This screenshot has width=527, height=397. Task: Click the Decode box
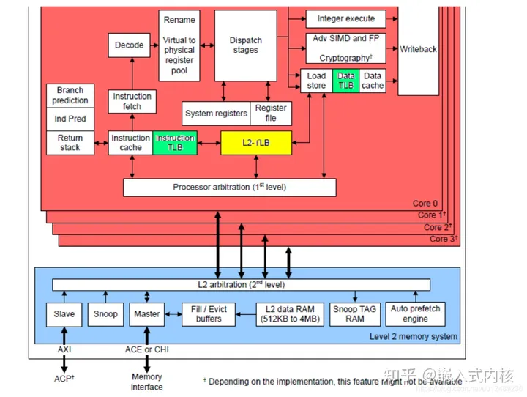point(130,45)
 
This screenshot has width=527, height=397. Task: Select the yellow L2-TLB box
point(256,143)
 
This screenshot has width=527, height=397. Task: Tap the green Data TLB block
point(345,81)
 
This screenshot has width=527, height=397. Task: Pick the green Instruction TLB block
point(175,143)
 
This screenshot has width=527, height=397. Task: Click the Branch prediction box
point(70,95)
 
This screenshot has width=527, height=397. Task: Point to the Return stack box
point(70,143)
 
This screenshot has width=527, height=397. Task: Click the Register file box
point(270,113)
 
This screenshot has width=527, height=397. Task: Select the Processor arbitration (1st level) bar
point(229,188)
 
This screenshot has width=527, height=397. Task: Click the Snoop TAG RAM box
point(354,314)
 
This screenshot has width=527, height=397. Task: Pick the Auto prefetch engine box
point(415,314)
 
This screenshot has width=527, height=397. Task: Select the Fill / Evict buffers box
point(209,314)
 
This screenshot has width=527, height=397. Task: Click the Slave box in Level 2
point(64,314)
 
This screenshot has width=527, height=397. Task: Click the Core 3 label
point(443,239)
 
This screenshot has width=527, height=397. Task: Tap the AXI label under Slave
point(64,350)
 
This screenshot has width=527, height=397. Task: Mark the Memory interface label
point(147,382)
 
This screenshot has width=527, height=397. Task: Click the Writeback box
point(418,49)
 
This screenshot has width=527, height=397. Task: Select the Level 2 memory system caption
point(413,337)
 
